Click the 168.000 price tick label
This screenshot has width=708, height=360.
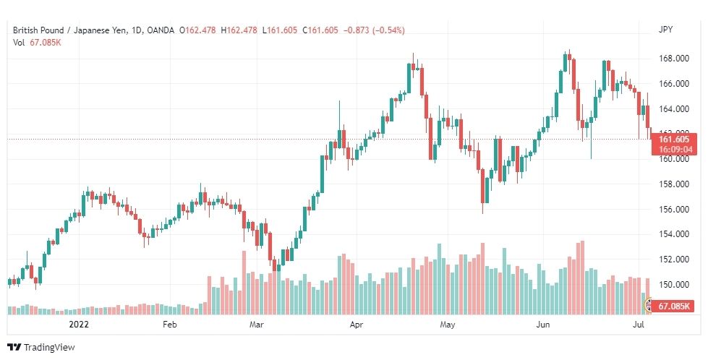click(673, 59)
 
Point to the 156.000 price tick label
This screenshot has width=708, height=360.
click(673, 210)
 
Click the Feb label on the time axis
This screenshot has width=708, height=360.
click(169, 325)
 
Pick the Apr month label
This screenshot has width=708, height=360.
click(357, 325)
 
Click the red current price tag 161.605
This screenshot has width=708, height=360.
click(673, 139)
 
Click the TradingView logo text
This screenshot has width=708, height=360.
click(49, 348)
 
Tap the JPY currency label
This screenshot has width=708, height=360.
click(665, 30)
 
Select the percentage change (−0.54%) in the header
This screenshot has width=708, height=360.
click(388, 30)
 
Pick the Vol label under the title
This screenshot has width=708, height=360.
click(19, 42)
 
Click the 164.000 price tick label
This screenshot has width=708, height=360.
click(673, 109)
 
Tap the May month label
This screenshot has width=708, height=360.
click(447, 325)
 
